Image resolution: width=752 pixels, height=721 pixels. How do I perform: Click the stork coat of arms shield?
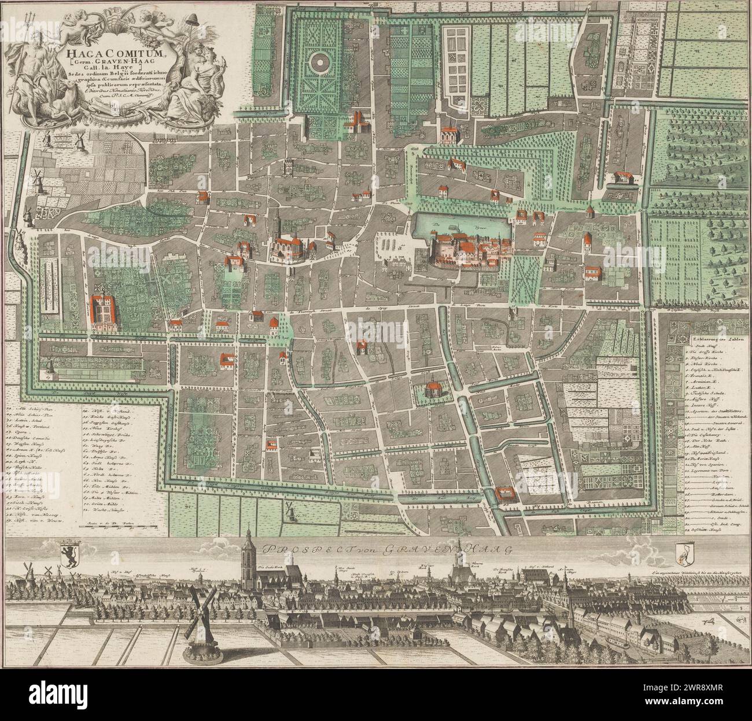click(684, 552)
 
